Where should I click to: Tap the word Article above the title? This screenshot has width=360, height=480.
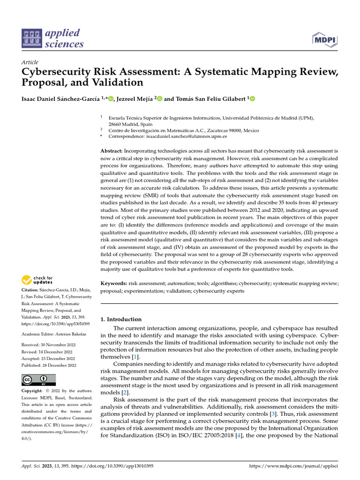30,62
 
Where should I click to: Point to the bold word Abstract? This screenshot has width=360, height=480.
112,151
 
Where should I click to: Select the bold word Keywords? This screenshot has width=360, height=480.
114,284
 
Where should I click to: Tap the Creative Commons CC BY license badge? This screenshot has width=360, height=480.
39,379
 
